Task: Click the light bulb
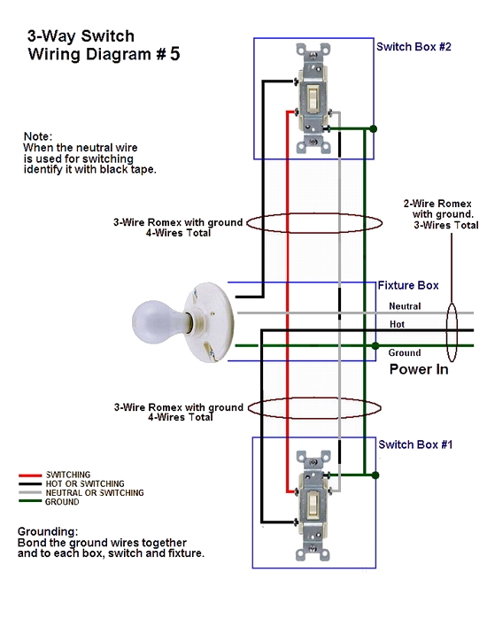[x=158, y=321]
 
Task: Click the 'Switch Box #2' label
[x=414, y=47]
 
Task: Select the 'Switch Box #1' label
[x=415, y=444]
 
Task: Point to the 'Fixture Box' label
[x=408, y=285]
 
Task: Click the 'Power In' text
[x=419, y=369]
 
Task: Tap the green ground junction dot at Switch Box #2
[x=374, y=129]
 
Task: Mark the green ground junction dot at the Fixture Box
[x=375, y=345]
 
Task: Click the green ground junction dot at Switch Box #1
[x=375, y=475]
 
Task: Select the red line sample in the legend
[x=30, y=475]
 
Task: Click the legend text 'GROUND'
[x=62, y=502]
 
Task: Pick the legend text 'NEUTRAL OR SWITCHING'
[x=95, y=492]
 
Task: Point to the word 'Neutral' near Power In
[x=405, y=306]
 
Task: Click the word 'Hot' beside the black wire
[x=398, y=324]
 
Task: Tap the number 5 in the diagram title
[x=174, y=54]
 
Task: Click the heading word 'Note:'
[x=38, y=136]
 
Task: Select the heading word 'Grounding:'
[x=48, y=532]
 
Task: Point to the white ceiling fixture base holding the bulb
[x=210, y=322]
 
